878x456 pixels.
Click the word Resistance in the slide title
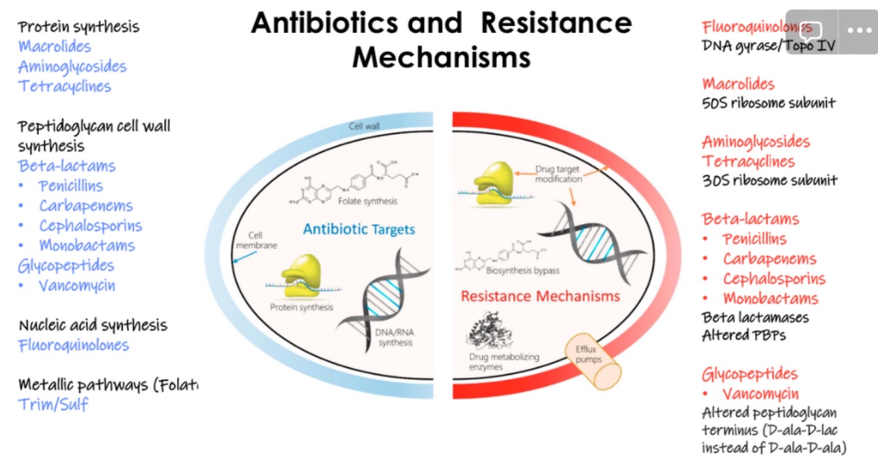pyautogui.click(x=556, y=24)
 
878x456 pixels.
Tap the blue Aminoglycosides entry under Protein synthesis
pyautogui.click(x=72, y=66)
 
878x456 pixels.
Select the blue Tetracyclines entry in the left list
pyautogui.click(x=65, y=86)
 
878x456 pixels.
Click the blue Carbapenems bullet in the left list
pyautogui.click(x=86, y=206)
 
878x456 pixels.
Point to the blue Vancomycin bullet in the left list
pyautogui.click(x=76, y=286)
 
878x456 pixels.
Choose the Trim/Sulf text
pyautogui.click(x=53, y=404)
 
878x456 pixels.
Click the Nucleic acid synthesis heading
pyautogui.click(x=93, y=325)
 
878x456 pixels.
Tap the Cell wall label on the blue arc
pyautogui.click(x=364, y=125)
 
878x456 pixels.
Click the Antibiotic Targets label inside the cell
pyautogui.click(x=359, y=230)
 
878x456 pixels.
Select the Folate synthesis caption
pyautogui.click(x=368, y=201)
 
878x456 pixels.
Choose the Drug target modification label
pyautogui.click(x=558, y=174)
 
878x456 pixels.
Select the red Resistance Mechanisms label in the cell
pyautogui.click(x=540, y=296)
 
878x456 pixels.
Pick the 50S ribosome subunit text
pyautogui.click(x=769, y=103)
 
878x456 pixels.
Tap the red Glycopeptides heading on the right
pyautogui.click(x=750, y=374)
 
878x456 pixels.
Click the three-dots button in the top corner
pyautogui.click(x=859, y=30)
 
